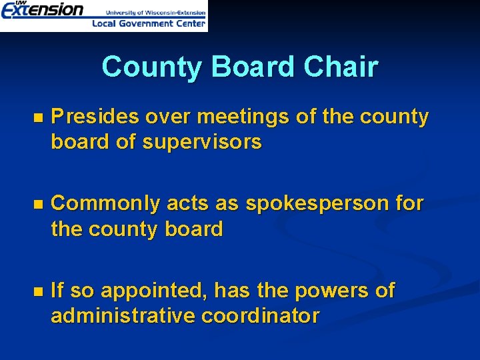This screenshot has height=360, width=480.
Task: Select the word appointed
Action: pyautogui.click(x=144, y=291)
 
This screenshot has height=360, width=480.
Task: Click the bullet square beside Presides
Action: pyautogui.click(x=37, y=118)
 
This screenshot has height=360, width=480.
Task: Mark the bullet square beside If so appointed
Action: pyautogui.click(x=37, y=292)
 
